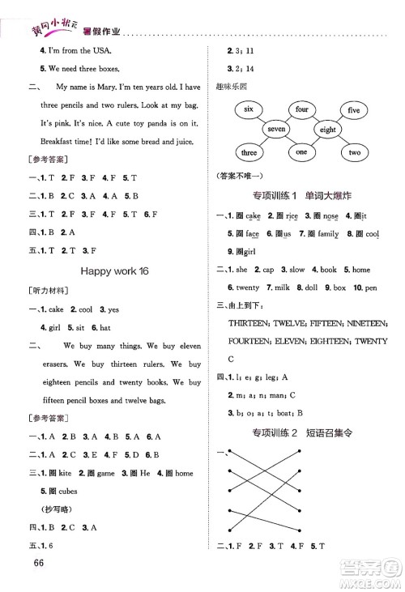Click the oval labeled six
249,109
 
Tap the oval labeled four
302,109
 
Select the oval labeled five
353,109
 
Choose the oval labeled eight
327,130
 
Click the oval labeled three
249,152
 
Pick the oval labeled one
301,152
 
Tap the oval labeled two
354,152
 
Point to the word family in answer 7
328,234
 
